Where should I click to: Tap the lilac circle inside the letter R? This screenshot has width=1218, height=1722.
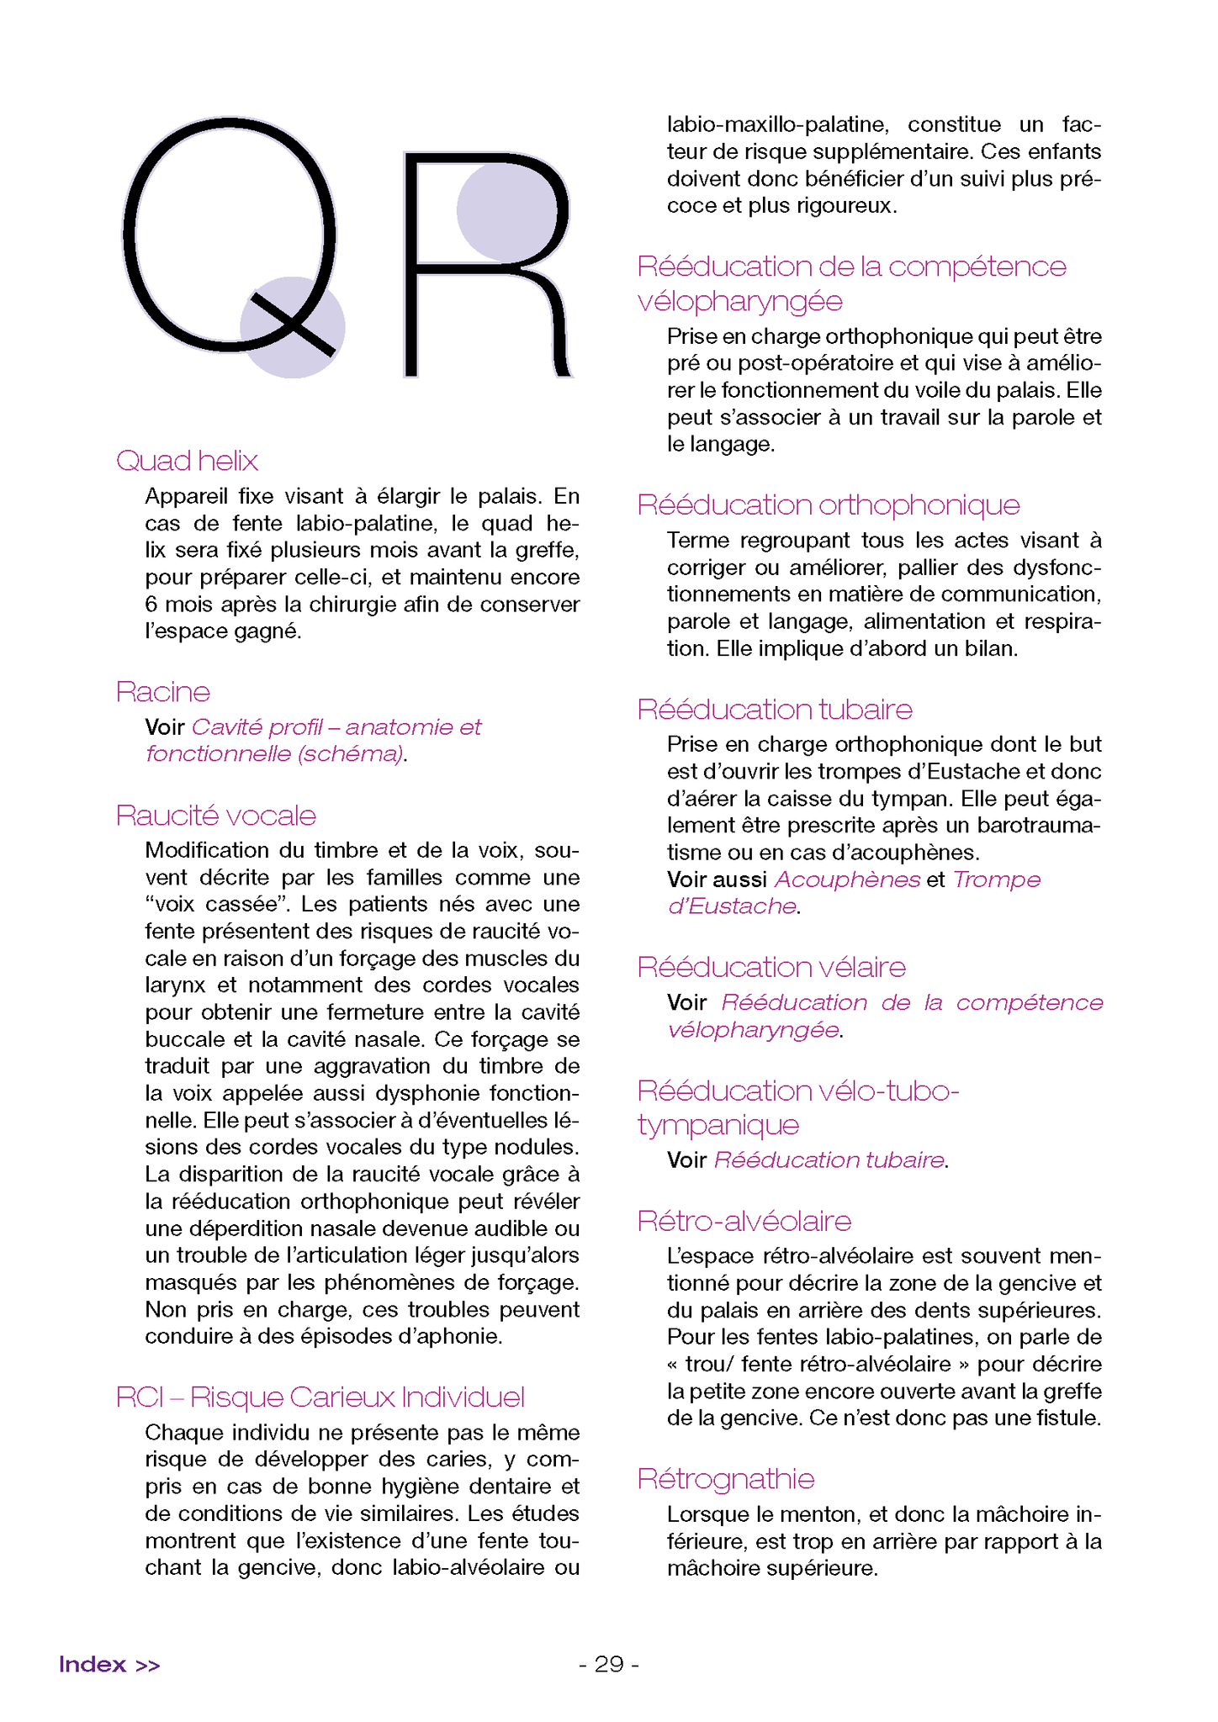[x=507, y=211]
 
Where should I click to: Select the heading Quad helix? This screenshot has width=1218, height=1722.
[x=187, y=461]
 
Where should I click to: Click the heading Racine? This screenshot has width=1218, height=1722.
[x=162, y=692]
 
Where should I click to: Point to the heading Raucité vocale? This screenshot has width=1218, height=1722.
[x=215, y=816]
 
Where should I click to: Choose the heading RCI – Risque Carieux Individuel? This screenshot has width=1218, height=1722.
[x=320, y=1397]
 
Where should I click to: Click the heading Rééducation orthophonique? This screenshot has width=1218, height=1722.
[x=828, y=505]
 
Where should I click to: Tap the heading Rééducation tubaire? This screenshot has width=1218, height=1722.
[x=774, y=710]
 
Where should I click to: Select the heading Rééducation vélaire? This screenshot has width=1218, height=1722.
[x=771, y=968]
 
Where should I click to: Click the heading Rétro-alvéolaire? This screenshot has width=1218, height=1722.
[x=744, y=1221]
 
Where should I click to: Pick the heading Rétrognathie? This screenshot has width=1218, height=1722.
[x=725, y=1479]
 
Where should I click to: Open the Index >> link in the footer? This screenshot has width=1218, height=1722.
[x=109, y=1665]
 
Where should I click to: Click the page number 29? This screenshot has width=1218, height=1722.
[x=609, y=1665]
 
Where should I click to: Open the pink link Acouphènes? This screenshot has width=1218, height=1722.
[x=847, y=879]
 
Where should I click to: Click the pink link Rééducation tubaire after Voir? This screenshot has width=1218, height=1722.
[x=829, y=1160]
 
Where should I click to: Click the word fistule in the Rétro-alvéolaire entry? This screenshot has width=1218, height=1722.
[x=1066, y=1418]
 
